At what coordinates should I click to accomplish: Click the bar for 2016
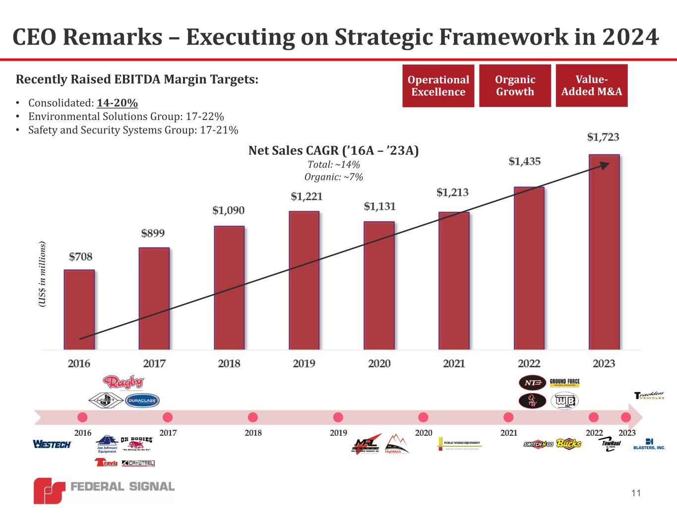(79, 309)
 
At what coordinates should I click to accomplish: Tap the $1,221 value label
(307, 196)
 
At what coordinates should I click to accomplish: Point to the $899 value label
(153, 233)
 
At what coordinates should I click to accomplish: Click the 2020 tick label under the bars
(379, 363)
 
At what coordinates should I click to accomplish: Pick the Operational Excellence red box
(438, 86)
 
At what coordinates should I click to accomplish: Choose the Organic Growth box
(515, 85)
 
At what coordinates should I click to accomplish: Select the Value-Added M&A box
(591, 85)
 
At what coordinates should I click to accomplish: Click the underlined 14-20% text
(118, 103)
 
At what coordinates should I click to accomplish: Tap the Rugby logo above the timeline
(123, 383)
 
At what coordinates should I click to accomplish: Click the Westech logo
(52, 444)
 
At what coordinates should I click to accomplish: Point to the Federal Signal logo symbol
(49, 491)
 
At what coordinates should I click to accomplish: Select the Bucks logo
(568, 443)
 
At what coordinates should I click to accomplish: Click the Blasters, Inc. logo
(649, 444)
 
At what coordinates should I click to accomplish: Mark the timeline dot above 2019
(338, 417)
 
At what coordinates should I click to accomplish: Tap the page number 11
(636, 493)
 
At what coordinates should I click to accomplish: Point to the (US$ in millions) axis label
(42, 275)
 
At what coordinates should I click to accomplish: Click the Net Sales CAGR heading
(333, 151)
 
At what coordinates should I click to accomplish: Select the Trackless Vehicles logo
(649, 395)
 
